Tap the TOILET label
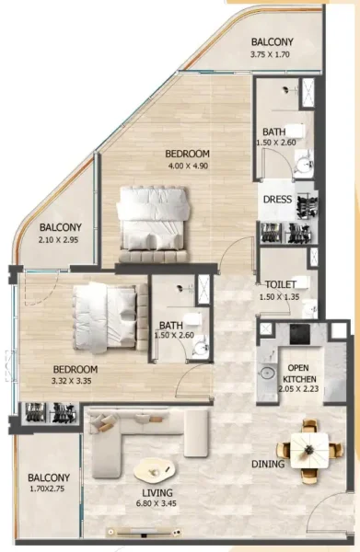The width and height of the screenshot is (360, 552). [x=279, y=285]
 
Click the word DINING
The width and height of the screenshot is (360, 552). [x=268, y=464]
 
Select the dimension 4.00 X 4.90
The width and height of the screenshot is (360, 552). [x=188, y=166]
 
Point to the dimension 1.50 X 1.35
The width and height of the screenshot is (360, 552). [x=279, y=297]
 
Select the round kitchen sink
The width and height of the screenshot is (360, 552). [x=268, y=374]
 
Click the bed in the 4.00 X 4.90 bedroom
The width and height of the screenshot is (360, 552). [x=153, y=216]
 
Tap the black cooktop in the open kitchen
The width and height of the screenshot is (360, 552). [x=301, y=334]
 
